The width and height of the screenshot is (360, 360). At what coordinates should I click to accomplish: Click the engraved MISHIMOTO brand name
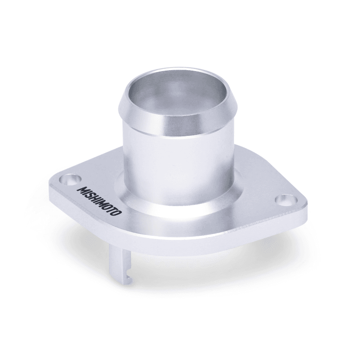point(100,201)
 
